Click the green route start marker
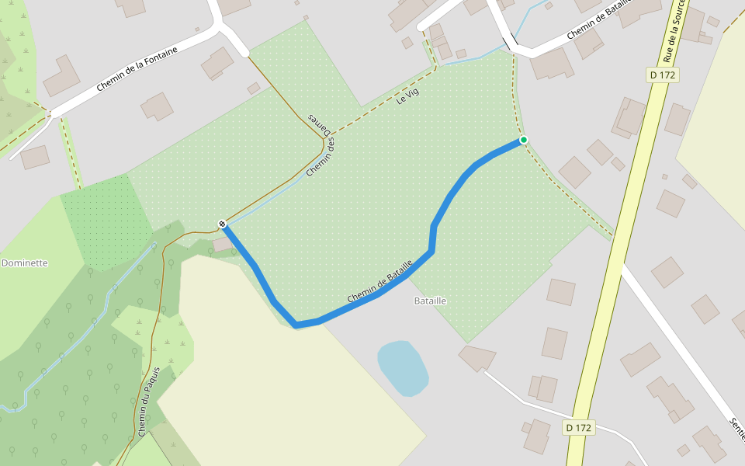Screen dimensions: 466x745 pos(524,140)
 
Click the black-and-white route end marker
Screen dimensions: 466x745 pos(223,224)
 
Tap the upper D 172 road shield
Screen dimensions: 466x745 pos(663,75)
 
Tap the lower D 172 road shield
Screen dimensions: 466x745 pos(579,428)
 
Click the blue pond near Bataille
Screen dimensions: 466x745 pos(402,367)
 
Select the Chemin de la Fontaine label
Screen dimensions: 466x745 pos(137,69)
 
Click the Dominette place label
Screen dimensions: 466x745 pos(25,263)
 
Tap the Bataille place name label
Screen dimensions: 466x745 pos(430,301)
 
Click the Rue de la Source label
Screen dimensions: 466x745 pos(674,31)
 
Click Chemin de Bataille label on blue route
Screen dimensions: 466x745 pos(379,283)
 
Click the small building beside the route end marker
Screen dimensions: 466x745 pos(223,244)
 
